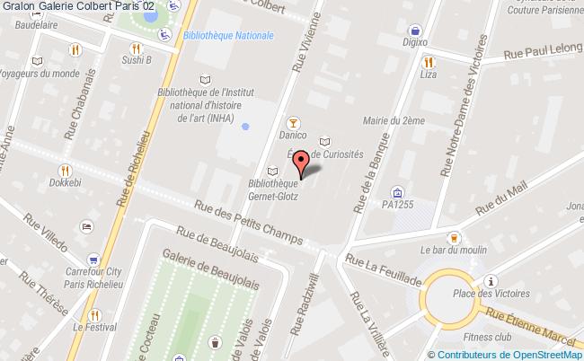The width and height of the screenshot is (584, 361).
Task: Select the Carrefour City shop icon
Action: (88, 225)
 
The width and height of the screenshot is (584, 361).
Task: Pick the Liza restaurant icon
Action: (429, 62)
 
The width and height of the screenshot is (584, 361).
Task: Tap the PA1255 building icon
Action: (396, 191)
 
